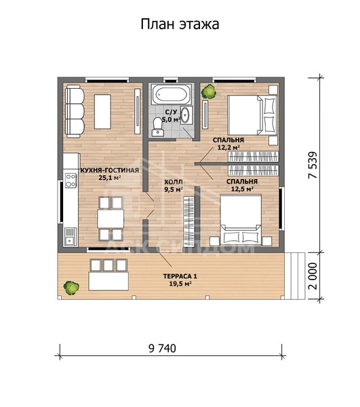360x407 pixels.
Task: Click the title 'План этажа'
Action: point(180,24)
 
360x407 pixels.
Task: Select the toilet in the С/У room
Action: point(157,126)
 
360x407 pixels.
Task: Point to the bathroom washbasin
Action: point(186,115)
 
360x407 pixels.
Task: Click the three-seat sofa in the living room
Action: point(75,112)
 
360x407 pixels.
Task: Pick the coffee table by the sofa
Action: point(102,112)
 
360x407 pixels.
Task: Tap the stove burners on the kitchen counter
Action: point(71,180)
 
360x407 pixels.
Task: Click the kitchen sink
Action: point(71,236)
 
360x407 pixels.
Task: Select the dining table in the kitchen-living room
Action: point(111,218)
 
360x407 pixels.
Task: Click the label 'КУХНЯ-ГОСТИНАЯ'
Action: point(110,170)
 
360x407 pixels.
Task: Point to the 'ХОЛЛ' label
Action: point(174,182)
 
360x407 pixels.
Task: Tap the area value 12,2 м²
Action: point(228,148)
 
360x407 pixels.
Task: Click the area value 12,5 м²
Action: point(242,189)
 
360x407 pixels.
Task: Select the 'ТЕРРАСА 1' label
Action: point(180,276)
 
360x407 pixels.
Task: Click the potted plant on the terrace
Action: point(71,288)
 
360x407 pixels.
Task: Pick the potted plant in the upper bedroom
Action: point(209,91)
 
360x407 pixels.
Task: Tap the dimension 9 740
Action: point(162,349)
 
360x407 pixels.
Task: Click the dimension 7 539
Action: point(313,165)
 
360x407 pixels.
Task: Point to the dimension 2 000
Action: point(313,276)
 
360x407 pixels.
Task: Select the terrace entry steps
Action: point(295,275)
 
